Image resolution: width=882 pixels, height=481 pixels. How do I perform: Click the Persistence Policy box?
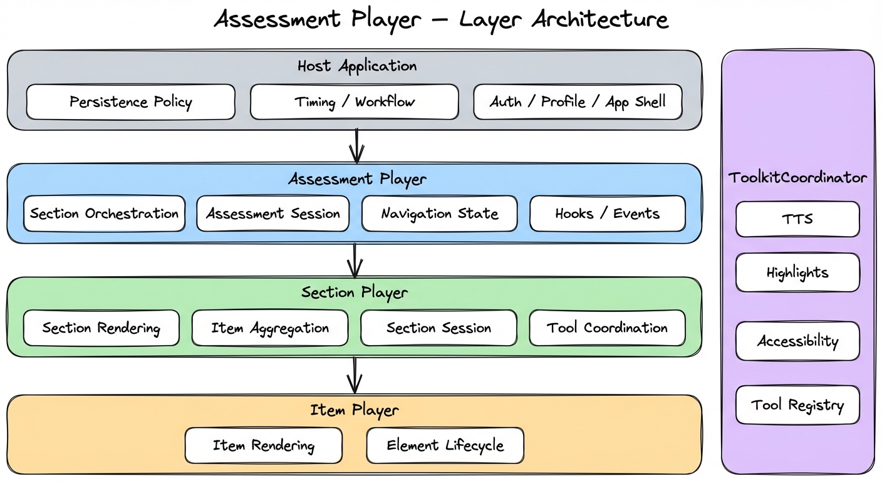point(130,102)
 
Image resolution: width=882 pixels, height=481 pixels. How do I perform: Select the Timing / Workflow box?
point(354,102)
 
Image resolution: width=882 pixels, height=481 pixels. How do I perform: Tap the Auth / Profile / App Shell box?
point(577,102)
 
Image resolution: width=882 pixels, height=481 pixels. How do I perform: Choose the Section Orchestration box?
point(105,214)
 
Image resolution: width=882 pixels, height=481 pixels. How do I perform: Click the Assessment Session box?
point(272,214)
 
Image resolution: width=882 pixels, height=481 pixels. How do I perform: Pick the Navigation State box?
point(439,214)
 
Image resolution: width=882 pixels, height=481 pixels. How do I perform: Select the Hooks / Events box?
point(607,214)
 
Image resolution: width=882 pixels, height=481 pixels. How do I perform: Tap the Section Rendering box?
point(101,328)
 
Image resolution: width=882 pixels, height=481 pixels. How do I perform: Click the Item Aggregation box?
point(269,328)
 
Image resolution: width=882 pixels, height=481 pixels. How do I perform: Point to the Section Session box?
point(438,328)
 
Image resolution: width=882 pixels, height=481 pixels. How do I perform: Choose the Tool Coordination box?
point(607,328)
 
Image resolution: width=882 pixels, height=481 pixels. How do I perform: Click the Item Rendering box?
point(264,445)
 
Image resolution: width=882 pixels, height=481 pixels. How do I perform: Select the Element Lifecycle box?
point(445,445)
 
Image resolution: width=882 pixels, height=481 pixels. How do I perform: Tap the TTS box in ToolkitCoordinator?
point(797,219)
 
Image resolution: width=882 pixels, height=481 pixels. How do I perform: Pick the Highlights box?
point(797,272)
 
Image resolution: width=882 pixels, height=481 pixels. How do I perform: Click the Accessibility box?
point(797,341)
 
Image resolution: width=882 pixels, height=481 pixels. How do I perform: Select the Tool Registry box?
point(797,405)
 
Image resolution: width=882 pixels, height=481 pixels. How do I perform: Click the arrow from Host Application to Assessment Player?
point(356,147)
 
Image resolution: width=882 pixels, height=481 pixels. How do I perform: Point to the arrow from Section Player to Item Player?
point(355,375)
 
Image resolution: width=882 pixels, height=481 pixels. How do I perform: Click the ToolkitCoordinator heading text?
point(797,178)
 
